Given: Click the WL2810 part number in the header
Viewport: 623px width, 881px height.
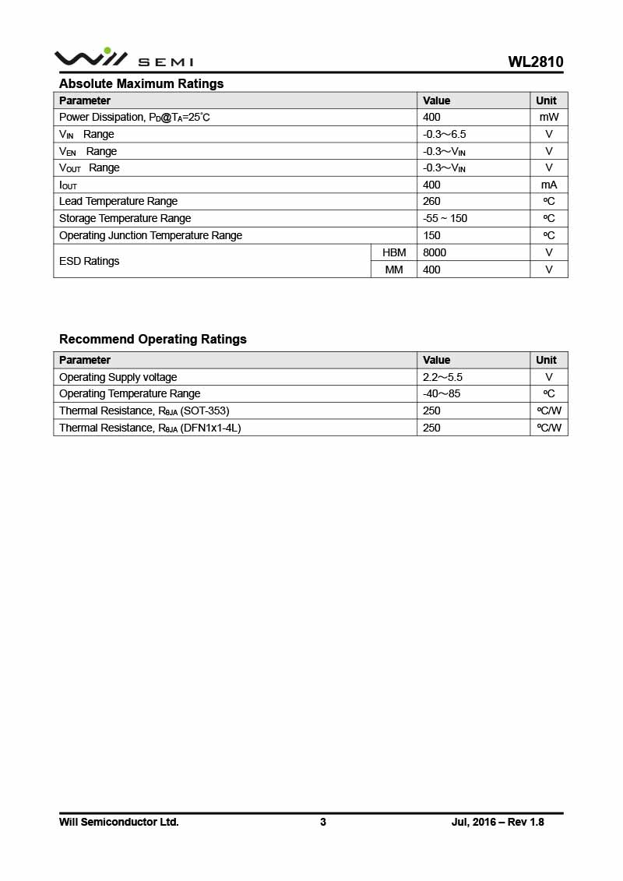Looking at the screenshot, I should tap(535, 62).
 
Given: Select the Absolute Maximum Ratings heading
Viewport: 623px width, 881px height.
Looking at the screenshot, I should tap(141, 83).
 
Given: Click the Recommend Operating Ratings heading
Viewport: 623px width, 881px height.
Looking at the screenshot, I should tap(153, 339).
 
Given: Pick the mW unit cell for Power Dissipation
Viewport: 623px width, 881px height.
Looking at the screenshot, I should tap(549, 117).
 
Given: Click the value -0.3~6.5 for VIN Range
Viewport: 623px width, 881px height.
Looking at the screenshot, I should tap(444, 134).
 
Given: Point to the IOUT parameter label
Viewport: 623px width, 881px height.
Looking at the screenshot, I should tap(69, 185).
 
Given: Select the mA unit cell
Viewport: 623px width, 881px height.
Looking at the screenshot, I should tap(549, 185).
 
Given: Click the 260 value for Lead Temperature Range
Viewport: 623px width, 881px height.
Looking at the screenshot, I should tap(431, 201).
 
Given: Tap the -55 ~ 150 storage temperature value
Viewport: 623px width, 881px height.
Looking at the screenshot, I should tap(445, 218).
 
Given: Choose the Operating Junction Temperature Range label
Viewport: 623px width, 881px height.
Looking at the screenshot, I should tap(150, 235).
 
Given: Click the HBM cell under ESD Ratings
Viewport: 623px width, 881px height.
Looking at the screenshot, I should tap(394, 252).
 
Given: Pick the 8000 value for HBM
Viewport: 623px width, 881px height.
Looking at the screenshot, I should tap(435, 252).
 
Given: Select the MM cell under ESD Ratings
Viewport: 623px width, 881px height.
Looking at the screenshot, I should tap(394, 270).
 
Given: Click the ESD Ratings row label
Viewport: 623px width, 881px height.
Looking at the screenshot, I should tap(90, 261).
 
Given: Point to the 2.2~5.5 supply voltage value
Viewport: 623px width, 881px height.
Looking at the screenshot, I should tap(442, 377).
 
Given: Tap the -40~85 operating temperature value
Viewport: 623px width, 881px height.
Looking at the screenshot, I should tap(442, 393).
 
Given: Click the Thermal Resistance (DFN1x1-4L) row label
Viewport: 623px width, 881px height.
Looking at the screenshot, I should tap(150, 428).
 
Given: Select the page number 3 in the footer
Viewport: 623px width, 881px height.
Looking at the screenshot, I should tap(323, 822).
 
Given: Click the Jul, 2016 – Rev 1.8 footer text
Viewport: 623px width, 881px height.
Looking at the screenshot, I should tap(498, 822).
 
